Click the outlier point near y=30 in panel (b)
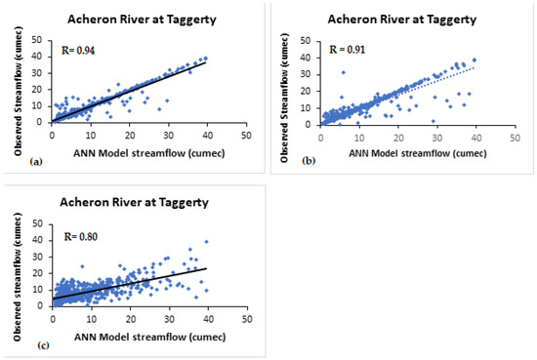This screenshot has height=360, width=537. [344, 72]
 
